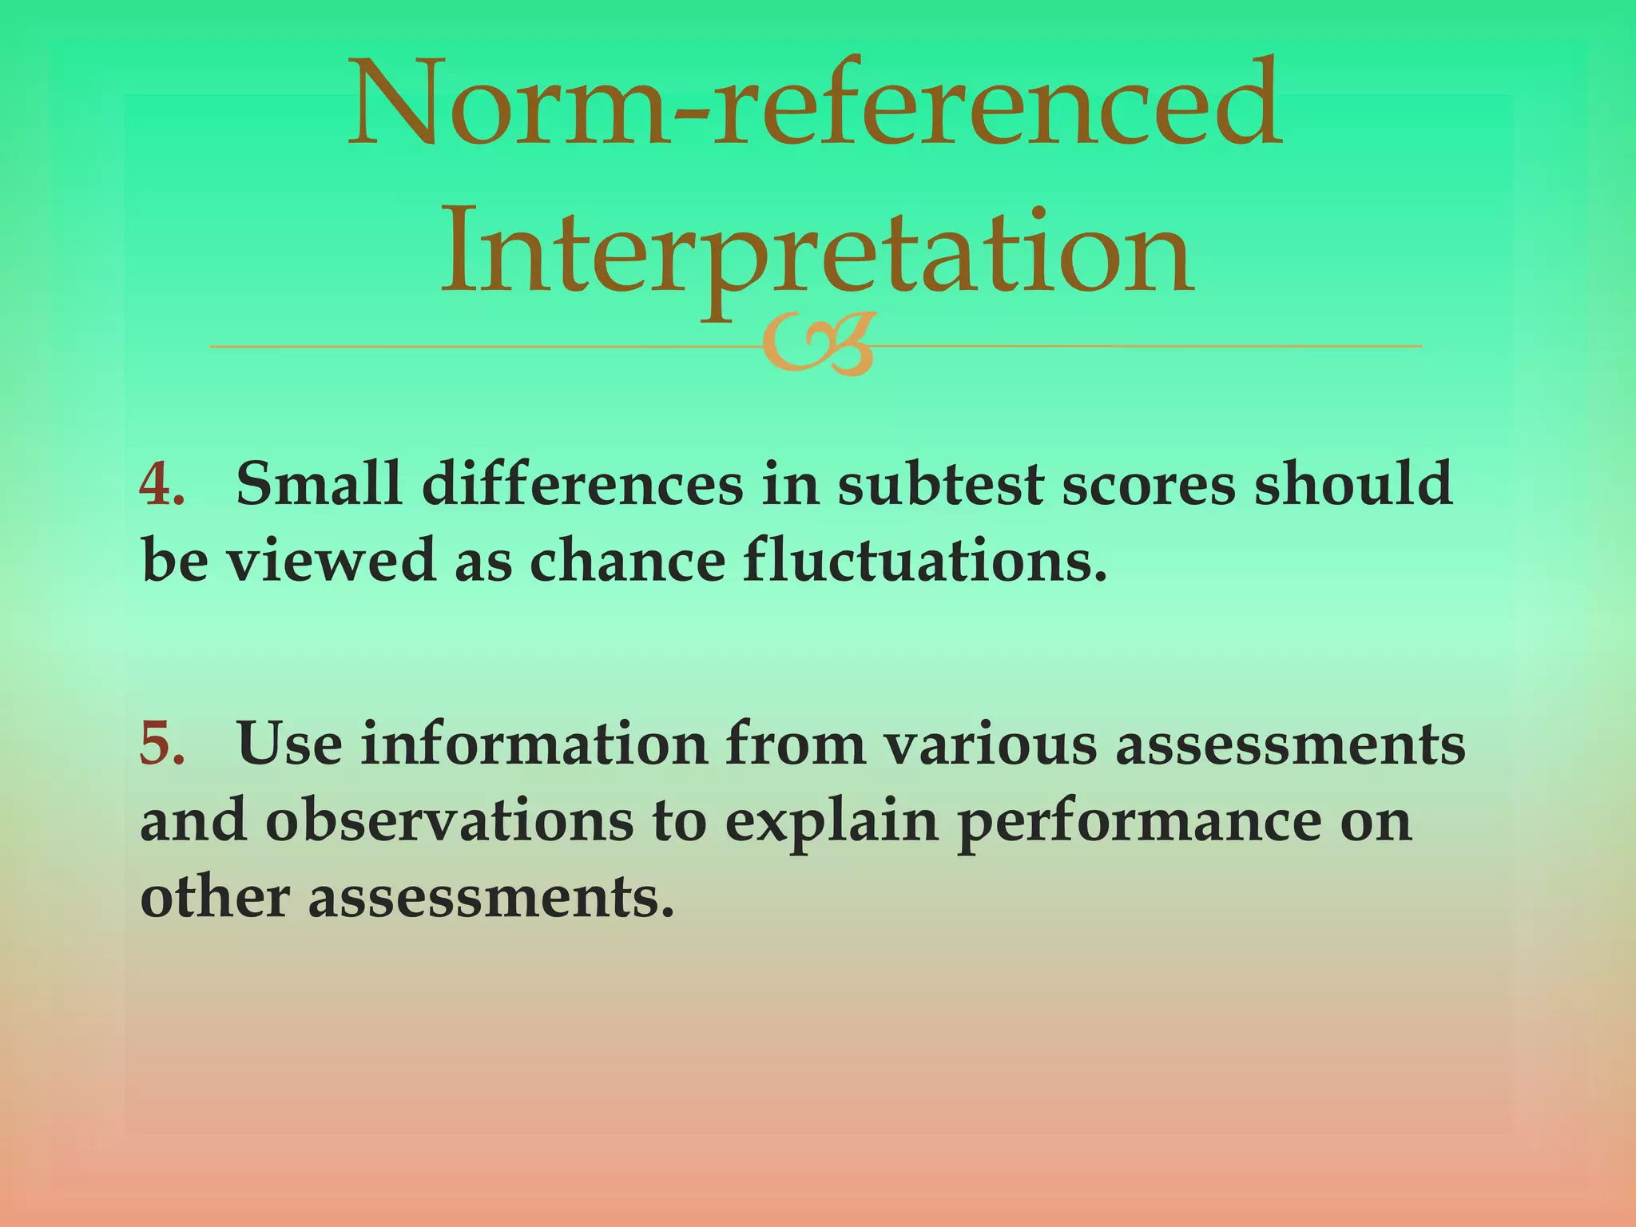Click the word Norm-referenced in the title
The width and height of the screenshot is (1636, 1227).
pos(815,104)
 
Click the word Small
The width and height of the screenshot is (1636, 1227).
pos(319,484)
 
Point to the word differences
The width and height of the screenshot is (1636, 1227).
pos(582,484)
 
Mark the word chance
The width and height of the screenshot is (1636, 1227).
pos(627,560)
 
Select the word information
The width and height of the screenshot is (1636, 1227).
pos(534,743)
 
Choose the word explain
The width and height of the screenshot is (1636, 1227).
pos(831,823)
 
